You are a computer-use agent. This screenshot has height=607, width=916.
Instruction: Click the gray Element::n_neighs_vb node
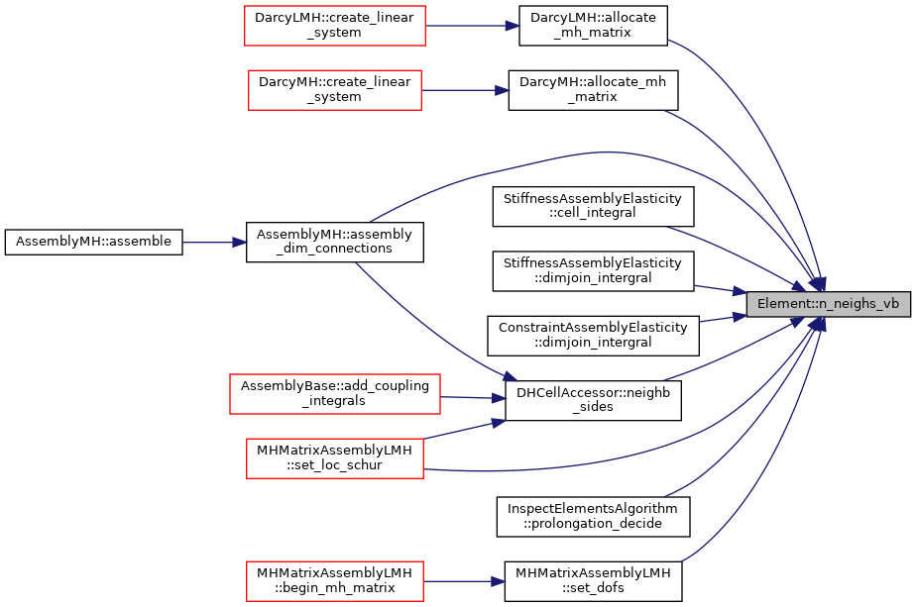(828, 304)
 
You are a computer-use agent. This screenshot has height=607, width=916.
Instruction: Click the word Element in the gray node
(780, 304)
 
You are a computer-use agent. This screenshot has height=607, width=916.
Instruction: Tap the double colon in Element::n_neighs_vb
(805, 304)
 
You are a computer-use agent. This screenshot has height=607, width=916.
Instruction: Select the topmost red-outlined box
(335, 26)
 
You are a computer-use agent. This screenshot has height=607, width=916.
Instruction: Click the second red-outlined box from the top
(335, 90)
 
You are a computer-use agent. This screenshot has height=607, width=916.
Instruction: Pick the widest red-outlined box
(335, 394)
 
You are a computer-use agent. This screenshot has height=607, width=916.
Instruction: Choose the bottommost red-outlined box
(335, 580)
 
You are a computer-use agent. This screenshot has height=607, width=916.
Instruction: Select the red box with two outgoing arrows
(335, 458)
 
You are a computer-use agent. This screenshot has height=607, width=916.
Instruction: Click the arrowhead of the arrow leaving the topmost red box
(513, 26)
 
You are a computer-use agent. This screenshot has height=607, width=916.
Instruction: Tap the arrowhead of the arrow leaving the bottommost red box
(500, 581)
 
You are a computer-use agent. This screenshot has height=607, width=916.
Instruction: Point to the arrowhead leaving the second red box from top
(503, 90)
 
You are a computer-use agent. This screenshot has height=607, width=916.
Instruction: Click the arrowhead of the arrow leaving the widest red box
(500, 398)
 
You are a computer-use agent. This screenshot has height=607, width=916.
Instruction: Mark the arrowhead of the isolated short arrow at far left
(240, 243)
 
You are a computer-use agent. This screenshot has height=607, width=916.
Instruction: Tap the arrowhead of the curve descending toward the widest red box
(510, 376)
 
